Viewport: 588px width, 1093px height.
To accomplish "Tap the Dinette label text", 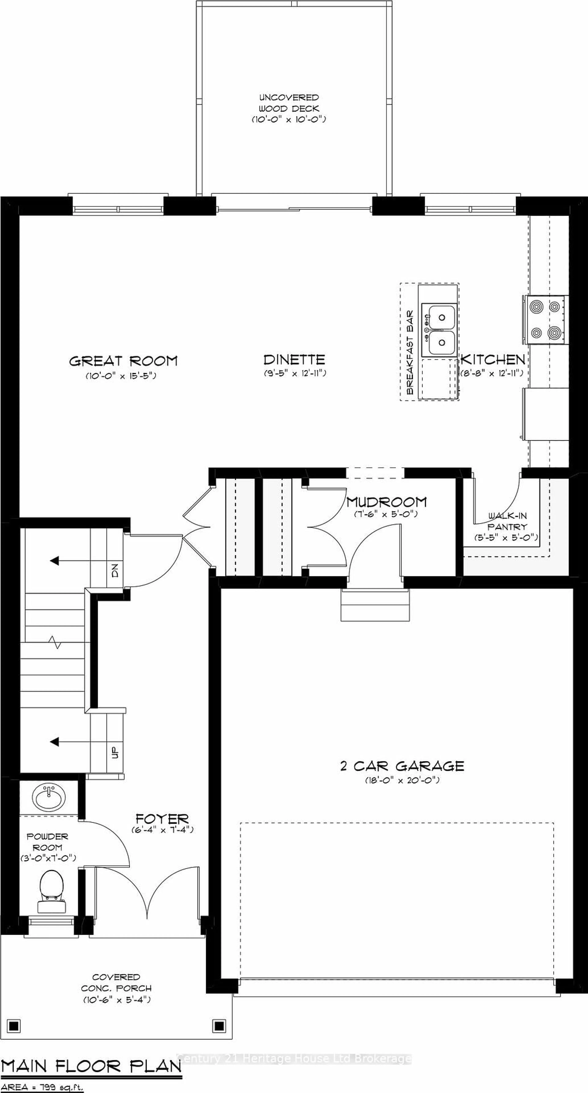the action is pyautogui.click(x=294, y=360).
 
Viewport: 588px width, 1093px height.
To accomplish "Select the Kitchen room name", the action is pyautogui.click(x=493, y=360).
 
